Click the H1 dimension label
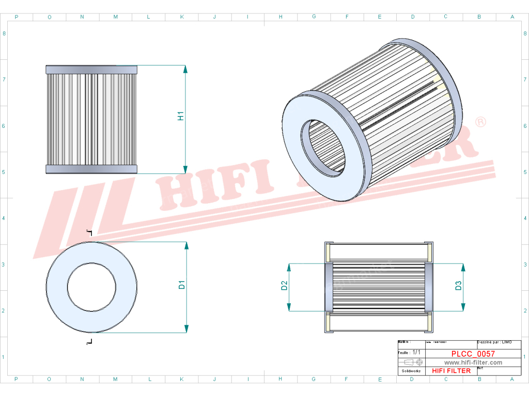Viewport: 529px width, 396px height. (181, 116)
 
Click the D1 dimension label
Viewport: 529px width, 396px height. (181, 284)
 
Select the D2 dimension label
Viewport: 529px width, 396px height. (284, 286)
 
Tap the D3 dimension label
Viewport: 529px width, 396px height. (458, 286)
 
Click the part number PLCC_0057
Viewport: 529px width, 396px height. (473, 354)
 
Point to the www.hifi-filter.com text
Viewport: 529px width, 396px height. (473, 362)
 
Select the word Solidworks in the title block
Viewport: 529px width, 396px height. (411, 371)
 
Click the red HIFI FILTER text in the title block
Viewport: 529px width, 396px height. (451, 371)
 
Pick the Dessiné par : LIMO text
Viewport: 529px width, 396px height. (494, 342)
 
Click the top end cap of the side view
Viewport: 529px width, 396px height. (91, 70)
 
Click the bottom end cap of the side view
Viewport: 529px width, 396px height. (91, 169)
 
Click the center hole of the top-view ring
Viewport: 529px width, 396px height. (91, 287)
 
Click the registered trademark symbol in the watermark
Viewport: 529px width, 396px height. (480, 122)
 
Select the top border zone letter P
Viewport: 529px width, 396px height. (17, 17)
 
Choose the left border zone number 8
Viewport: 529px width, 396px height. (4, 34)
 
